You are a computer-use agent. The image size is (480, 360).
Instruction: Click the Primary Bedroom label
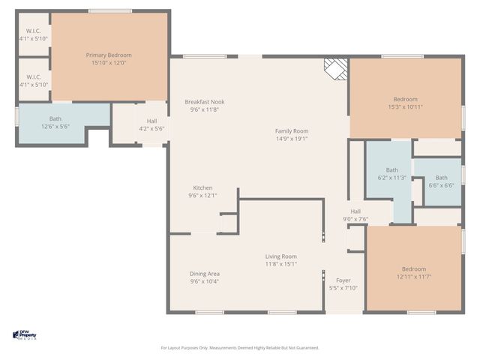pyautogui.click(x=108, y=55)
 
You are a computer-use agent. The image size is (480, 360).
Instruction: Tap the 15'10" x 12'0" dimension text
pyautogui.click(x=108, y=63)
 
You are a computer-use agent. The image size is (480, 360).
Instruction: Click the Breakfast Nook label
pyautogui.click(x=205, y=102)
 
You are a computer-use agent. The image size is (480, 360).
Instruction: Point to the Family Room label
pyautogui.click(x=291, y=130)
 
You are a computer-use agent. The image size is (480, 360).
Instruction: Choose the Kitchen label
pyautogui.click(x=202, y=187)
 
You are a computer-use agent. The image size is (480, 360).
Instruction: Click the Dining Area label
pyautogui.click(x=204, y=273)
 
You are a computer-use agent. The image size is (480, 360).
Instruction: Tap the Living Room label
pyautogui.click(x=280, y=256)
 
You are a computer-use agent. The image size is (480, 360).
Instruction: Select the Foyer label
pyautogui.click(x=343, y=280)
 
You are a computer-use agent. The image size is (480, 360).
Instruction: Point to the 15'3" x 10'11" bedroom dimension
pyautogui.click(x=405, y=107)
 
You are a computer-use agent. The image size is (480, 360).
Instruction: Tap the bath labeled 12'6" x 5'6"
pyautogui.click(x=55, y=122)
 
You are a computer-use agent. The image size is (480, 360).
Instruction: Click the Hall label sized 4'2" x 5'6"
pyautogui.click(x=151, y=124)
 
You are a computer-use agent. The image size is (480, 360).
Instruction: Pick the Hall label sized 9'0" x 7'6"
pyautogui.click(x=355, y=215)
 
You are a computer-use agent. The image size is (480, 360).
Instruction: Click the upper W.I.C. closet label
pyautogui.click(x=33, y=34)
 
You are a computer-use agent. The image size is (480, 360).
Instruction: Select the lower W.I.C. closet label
pyautogui.click(x=33, y=80)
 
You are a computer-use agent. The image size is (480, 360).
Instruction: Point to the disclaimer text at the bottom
pyautogui.click(x=240, y=347)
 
